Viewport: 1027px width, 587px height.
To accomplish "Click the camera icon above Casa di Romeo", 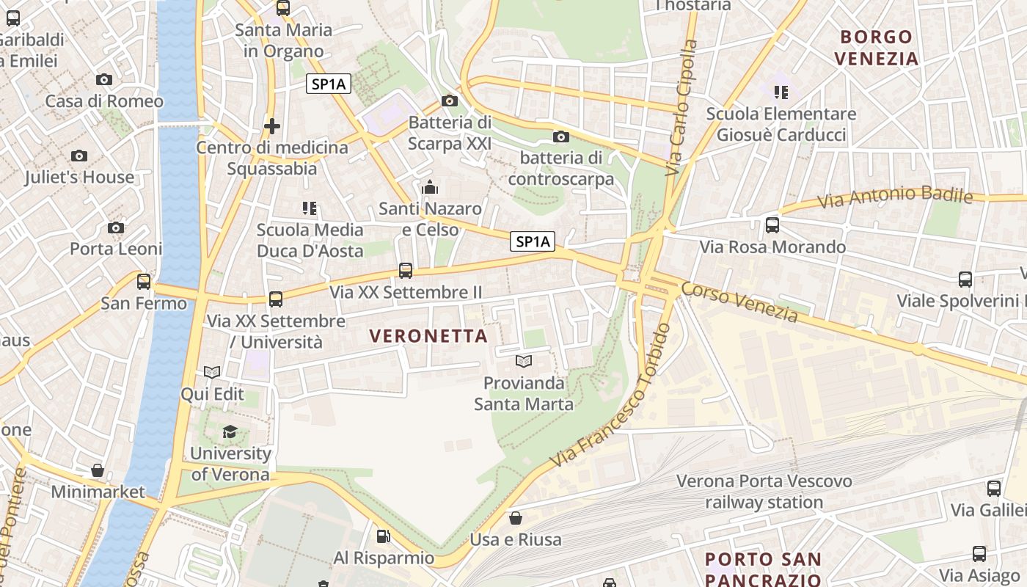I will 104,79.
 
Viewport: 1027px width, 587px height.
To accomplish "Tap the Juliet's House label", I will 79,177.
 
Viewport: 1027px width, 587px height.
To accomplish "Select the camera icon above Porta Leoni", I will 116,227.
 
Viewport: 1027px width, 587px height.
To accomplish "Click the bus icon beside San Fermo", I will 144,281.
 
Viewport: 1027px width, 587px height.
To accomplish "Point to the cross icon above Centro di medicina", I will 272,126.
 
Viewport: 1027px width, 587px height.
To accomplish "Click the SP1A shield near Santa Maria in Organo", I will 329,84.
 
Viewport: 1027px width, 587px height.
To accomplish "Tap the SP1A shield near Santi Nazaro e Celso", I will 533,241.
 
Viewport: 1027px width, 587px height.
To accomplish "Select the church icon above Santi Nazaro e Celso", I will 430,187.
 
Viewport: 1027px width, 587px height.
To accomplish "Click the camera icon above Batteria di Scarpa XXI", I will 450,101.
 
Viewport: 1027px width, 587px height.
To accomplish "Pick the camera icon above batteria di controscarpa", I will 560,136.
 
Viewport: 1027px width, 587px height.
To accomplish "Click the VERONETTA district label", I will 428,336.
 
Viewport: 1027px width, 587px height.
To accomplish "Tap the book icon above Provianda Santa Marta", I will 523,361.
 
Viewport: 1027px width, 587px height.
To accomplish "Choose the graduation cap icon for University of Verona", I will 230,431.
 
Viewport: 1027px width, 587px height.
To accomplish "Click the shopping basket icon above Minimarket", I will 98,470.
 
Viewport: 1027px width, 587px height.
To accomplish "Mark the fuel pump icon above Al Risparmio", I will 383,536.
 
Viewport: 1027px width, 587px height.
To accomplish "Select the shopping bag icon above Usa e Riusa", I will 516,518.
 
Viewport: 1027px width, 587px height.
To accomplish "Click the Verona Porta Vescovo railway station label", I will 764,492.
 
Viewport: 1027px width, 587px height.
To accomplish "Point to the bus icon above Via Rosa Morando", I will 772,225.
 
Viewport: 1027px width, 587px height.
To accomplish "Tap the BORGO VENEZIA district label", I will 877,48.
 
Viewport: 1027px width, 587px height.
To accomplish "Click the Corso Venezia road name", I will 739,302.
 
